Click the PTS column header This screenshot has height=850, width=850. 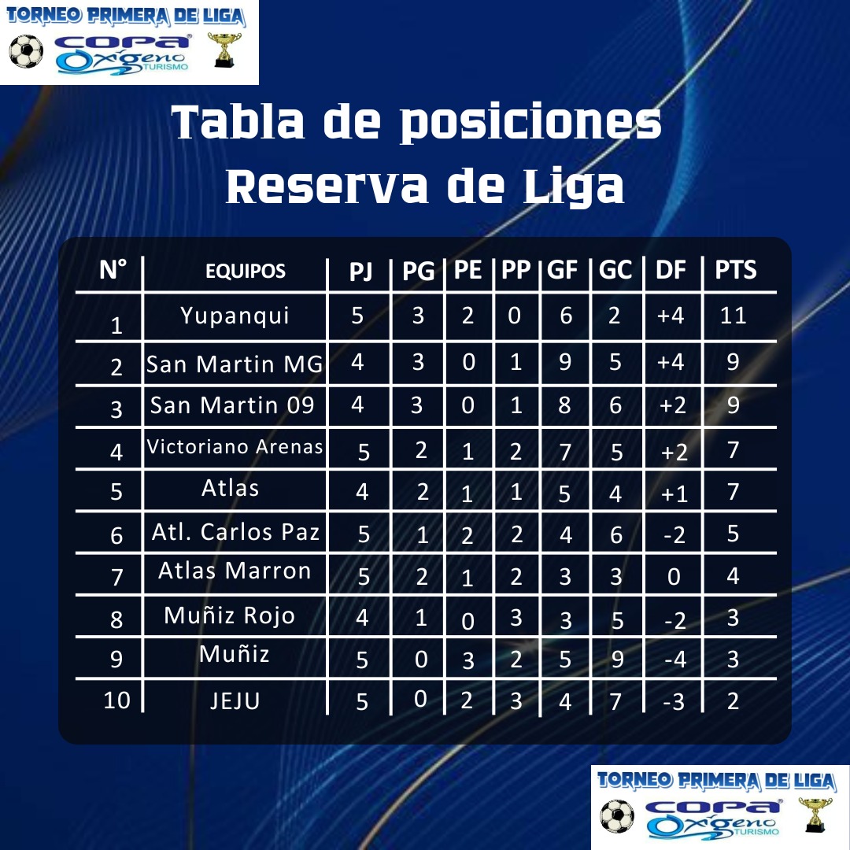[x=735, y=269]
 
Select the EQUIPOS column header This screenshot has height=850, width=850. [x=245, y=271]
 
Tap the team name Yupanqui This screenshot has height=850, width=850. [x=235, y=316]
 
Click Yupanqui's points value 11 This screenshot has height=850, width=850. [x=733, y=316]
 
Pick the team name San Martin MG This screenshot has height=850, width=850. [x=235, y=364]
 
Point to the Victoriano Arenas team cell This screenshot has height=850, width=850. [x=235, y=447]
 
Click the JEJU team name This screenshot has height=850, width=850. [x=235, y=701]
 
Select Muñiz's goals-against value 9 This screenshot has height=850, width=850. [x=617, y=660]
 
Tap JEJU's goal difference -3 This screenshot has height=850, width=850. [x=674, y=702]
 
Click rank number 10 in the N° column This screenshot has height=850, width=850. [x=116, y=700]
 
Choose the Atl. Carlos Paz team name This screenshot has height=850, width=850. [x=236, y=532]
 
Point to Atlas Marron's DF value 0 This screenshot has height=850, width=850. [x=674, y=577]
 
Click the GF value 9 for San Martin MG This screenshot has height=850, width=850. [x=565, y=361]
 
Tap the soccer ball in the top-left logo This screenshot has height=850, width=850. [x=26, y=51]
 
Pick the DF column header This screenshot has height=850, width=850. [x=671, y=269]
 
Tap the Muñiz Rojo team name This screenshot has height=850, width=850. [x=229, y=615]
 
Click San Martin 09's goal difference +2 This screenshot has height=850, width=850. [x=673, y=405]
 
